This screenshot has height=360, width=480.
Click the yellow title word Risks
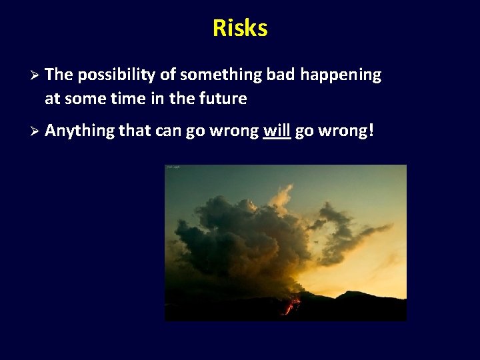[x=240, y=28]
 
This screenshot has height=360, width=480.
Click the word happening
[x=341, y=75]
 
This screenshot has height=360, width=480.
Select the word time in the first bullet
[x=125, y=99]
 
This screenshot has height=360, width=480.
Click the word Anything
[x=79, y=131]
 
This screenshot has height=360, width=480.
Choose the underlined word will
[x=277, y=131]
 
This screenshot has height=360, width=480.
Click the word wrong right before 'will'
[x=233, y=131]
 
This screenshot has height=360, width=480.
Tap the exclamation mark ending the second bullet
[x=371, y=131]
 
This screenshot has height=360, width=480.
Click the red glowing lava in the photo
[x=291, y=306]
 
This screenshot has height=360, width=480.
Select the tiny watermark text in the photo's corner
[x=173, y=167]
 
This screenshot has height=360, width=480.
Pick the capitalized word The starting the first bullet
[x=59, y=75]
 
